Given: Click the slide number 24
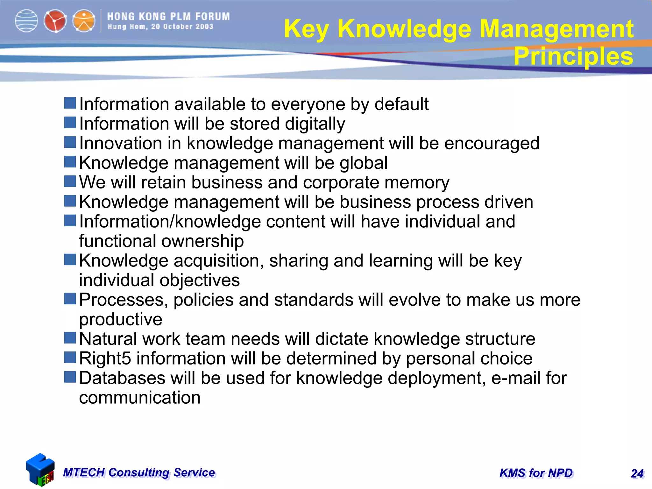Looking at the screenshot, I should [x=637, y=473].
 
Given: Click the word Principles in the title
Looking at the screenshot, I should [x=573, y=56].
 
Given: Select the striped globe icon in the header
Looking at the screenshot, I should [x=26, y=21].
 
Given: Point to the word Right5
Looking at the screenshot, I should [x=105, y=358].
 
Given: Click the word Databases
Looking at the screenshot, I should [x=122, y=378].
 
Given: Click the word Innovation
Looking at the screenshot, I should [x=130, y=143].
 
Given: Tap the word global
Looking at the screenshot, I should [x=364, y=163].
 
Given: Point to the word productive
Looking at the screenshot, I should [x=121, y=320].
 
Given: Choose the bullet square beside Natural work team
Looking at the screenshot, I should [x=70, y=338].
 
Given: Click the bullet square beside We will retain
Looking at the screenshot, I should [x=70, y=181].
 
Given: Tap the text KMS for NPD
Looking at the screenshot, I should [x=536, y=473].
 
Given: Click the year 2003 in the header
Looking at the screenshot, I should [x=204, y=27].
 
